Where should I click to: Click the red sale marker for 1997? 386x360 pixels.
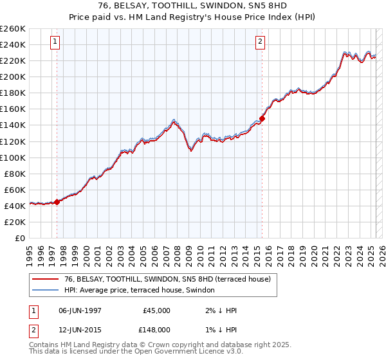tap(57, 201)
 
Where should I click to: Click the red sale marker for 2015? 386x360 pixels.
tap(262, 118)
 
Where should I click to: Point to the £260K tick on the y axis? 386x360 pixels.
tap(13, 29)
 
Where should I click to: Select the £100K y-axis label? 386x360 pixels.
tap(13, 157)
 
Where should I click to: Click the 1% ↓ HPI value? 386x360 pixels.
tap(221, 329)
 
